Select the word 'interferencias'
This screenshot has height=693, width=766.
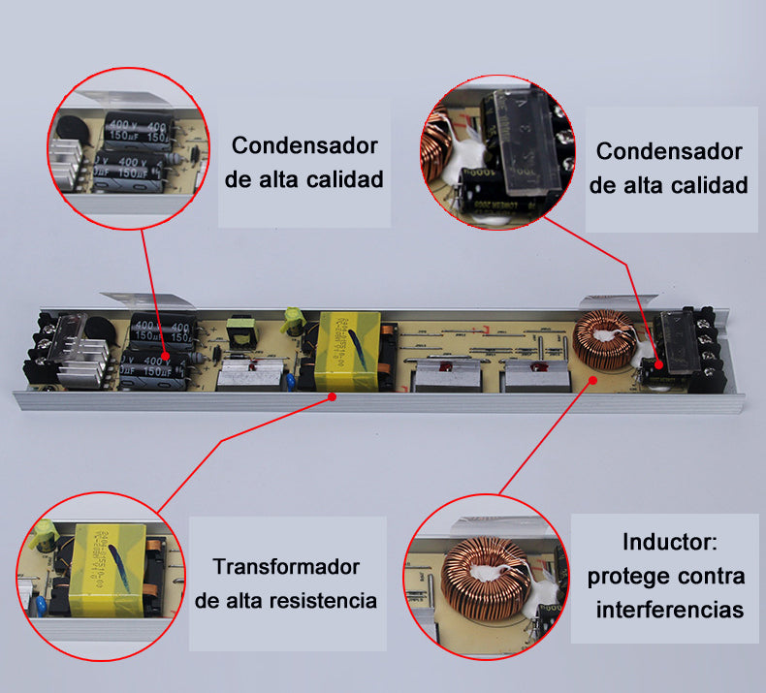[670, 610]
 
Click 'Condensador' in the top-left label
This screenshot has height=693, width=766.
[304, 145]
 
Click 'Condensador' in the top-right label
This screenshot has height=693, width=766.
[669, 151]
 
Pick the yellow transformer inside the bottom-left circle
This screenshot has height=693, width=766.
[111, 566]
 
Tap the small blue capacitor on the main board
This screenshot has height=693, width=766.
[290, 382]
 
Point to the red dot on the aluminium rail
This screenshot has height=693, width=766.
[333, 395]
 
